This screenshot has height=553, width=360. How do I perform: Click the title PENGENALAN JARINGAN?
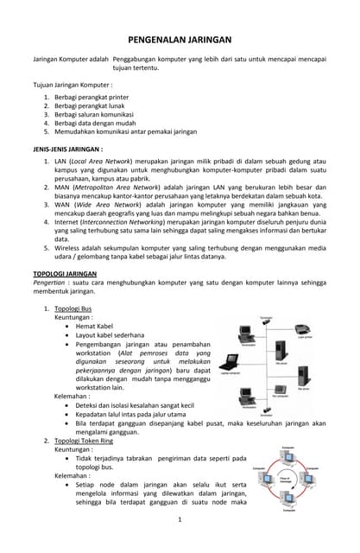tap(180, 40)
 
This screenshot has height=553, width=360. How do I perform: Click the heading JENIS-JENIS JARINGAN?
tap(66, 149)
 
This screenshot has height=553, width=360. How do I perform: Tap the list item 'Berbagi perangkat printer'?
tap(90, 98)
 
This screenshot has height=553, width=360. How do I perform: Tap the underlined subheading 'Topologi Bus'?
tap(73, 308)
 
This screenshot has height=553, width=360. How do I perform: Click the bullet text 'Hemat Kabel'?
tap(94, 326)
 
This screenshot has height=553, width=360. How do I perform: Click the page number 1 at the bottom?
tap(179, 519)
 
